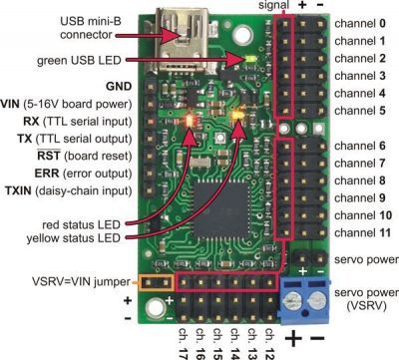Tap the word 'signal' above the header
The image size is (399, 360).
[x=264, y=6]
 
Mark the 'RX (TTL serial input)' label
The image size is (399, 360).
[x=77, y=121]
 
